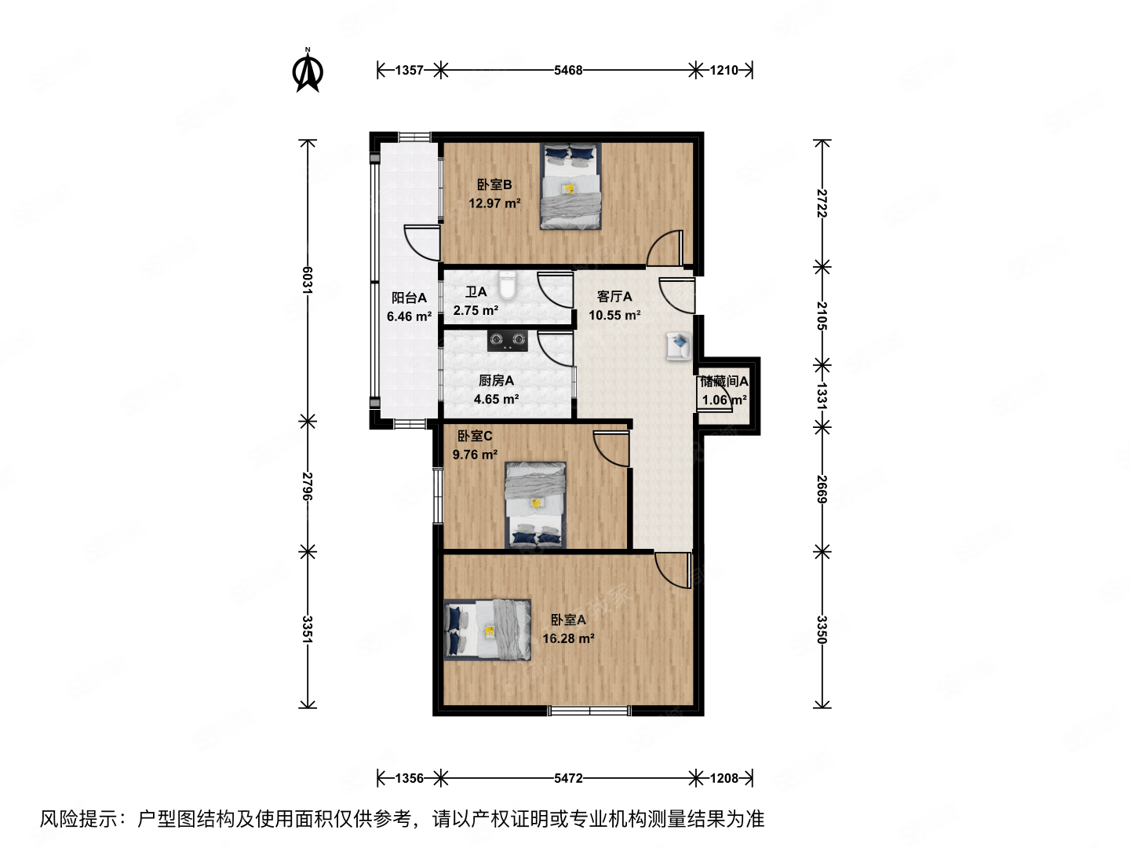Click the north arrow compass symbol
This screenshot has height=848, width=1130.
[x=308, y=71]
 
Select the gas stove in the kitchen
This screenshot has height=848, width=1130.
[x=507, y=339]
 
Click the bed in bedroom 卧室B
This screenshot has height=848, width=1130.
[x=570, y=186]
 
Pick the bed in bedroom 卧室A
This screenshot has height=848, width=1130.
[x=487, y=630]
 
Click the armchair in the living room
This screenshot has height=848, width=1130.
[x=678, y=345]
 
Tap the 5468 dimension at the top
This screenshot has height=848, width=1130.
[x=568, y=71]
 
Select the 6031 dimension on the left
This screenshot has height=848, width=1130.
[x=308, y=280]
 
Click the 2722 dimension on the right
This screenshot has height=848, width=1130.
[x=822, y=203]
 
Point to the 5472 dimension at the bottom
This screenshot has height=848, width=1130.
[x=568, y=778]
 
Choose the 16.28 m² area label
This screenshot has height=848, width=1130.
[x=568, y=638]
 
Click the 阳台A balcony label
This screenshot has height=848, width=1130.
[x=409, y=298]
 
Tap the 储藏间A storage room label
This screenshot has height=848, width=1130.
[x=724, y=382]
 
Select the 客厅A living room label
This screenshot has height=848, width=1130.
[x=614, y=296]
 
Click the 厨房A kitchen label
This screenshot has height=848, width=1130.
[x=496, y=380]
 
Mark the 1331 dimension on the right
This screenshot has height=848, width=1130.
[x=822, y=396]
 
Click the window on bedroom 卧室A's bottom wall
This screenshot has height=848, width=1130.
[x=589, y=711]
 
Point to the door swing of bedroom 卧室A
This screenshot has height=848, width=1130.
[x=671, y=567]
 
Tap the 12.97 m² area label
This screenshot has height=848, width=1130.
[x=494, y=203]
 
